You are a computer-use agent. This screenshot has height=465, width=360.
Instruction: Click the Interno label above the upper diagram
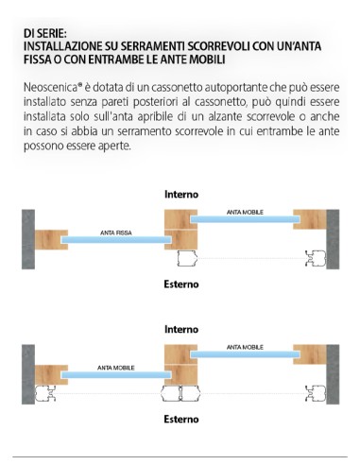[x=180, y=194]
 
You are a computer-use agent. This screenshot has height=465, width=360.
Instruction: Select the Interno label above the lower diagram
[x=180, y=330]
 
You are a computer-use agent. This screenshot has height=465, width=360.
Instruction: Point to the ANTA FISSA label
[x=116, y=232]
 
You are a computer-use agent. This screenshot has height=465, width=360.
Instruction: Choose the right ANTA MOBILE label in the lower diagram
[x=243, y=347]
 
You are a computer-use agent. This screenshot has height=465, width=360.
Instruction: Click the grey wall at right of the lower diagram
[x=332, y=371]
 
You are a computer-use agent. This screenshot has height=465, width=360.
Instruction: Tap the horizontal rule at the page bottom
[x=180, y=456]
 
